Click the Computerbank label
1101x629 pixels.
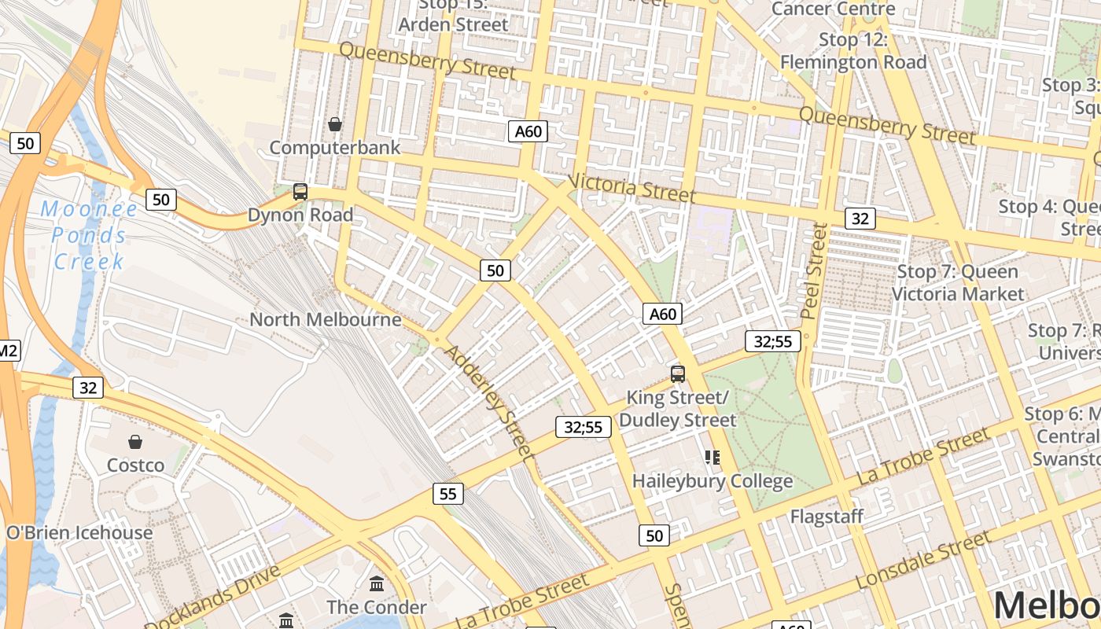point(335,148)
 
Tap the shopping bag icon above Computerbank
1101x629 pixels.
point(335,124)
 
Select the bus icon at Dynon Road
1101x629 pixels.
point(300,191)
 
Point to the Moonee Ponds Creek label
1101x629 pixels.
point(88,235)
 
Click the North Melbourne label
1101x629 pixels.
point(325,320)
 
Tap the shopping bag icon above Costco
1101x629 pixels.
point(135,442)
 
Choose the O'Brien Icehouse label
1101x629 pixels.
point(79,532)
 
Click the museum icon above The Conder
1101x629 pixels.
point(377,584)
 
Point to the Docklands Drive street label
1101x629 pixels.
point(213,598)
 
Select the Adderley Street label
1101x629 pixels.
point(488,401)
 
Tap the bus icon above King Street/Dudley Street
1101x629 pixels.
point(678,374)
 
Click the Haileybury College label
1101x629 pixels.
point(713,480)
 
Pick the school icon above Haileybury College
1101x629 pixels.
point(713,457)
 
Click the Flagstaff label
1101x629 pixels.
point(827,517)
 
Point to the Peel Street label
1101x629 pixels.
point(815,271)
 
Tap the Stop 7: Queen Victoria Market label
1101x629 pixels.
point(958,283)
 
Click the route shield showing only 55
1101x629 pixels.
point(447,494)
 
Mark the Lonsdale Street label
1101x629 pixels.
point(922,560)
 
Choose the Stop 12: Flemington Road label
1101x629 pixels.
point(853,50)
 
